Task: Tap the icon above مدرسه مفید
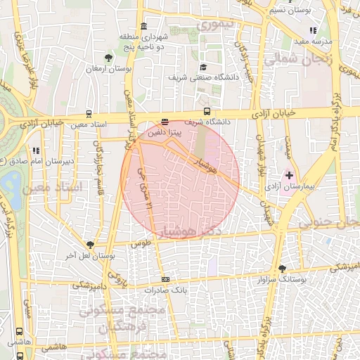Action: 313,30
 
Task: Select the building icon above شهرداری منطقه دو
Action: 143,26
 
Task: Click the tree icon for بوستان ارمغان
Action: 108,58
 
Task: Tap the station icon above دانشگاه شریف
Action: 207,111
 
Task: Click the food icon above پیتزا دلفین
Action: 165,120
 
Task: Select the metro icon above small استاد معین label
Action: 89,113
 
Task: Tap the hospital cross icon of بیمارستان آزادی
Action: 288,174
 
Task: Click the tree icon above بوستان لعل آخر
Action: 89,243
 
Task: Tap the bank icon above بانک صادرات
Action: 165,279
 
